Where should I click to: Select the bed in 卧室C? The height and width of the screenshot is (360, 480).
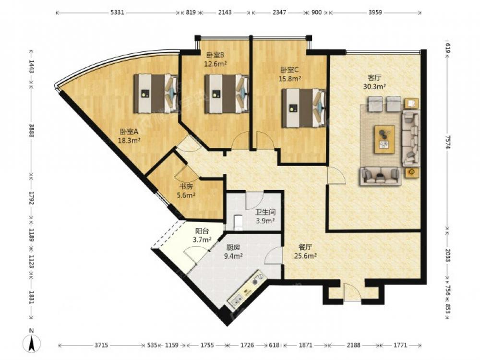tap(303, 108)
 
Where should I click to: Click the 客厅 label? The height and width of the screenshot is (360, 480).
tap(374, 78)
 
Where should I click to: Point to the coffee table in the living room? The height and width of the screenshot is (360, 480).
tap(384, 139)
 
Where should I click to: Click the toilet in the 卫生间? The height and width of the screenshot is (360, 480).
tap(238, 222)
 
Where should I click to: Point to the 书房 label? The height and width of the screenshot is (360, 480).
tap(186, 186)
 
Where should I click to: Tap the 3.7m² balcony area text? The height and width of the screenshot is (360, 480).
tap(203, 240)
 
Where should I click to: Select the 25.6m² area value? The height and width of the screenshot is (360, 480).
tap(305, 256)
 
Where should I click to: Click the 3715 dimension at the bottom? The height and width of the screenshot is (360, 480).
tap(101, 345)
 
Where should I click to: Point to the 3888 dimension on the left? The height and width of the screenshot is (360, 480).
tap(31, 129)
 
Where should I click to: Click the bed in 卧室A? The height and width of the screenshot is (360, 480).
tap(156, 94)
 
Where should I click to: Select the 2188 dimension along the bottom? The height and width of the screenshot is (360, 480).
tap(354, 345)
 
